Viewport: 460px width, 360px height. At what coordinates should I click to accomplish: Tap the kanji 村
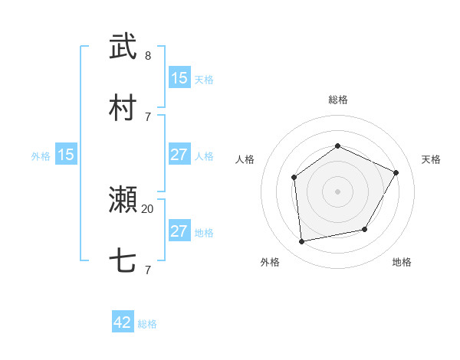123,108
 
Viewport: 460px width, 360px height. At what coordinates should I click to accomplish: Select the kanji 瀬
123,200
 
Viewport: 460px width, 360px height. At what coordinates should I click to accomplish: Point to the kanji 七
123,261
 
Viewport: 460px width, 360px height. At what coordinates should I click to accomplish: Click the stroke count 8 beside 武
148,56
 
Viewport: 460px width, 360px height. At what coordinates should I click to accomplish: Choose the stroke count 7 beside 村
148,116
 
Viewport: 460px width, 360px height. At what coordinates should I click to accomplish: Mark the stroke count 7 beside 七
148,270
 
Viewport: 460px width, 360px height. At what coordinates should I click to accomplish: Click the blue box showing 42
123,322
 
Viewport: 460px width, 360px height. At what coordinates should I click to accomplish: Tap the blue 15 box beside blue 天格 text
179,78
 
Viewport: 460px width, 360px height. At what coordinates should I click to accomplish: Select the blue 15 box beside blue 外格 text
66,155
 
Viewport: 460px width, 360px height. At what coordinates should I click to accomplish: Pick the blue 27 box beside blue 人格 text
179,155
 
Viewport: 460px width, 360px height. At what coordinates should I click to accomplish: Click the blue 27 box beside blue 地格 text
179,231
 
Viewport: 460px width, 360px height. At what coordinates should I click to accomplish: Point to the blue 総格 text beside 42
147,324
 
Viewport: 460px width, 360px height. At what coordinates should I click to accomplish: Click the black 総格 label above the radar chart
337,100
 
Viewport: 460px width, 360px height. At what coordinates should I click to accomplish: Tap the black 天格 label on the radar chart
431,159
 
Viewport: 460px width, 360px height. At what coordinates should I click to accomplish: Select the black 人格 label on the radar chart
245,159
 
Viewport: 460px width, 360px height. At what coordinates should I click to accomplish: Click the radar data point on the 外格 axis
302,242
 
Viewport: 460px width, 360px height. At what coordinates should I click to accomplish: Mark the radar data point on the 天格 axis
396,172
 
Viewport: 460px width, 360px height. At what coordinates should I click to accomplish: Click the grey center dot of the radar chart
337,191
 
